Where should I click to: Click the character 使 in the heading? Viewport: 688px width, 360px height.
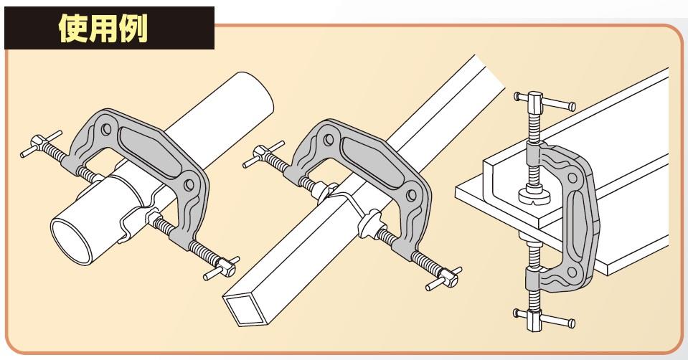tap(73, 28)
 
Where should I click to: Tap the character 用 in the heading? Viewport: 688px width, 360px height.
tap(103, 28)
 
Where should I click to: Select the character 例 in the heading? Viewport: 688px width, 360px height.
tap(133, 28)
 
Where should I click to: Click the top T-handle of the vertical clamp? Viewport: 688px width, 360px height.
tap(545, 102)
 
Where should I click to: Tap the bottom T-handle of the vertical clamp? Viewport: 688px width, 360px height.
tap(544, 319)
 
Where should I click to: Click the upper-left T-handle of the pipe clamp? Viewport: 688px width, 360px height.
tap(40, 143)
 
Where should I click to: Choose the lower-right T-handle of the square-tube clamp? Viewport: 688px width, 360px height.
tap(444, 278)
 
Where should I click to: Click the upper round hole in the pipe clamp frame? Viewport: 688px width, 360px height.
tap(106, 129)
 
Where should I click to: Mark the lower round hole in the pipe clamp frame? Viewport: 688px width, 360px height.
tap(189, 184)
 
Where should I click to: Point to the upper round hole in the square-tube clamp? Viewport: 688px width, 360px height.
tap(329, 140)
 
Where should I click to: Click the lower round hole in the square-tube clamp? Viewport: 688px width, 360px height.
tap(412, 196)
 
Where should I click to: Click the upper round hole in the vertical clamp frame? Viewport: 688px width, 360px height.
tap(572, 178)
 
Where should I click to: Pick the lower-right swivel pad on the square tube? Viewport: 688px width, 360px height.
tap(369, 223)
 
